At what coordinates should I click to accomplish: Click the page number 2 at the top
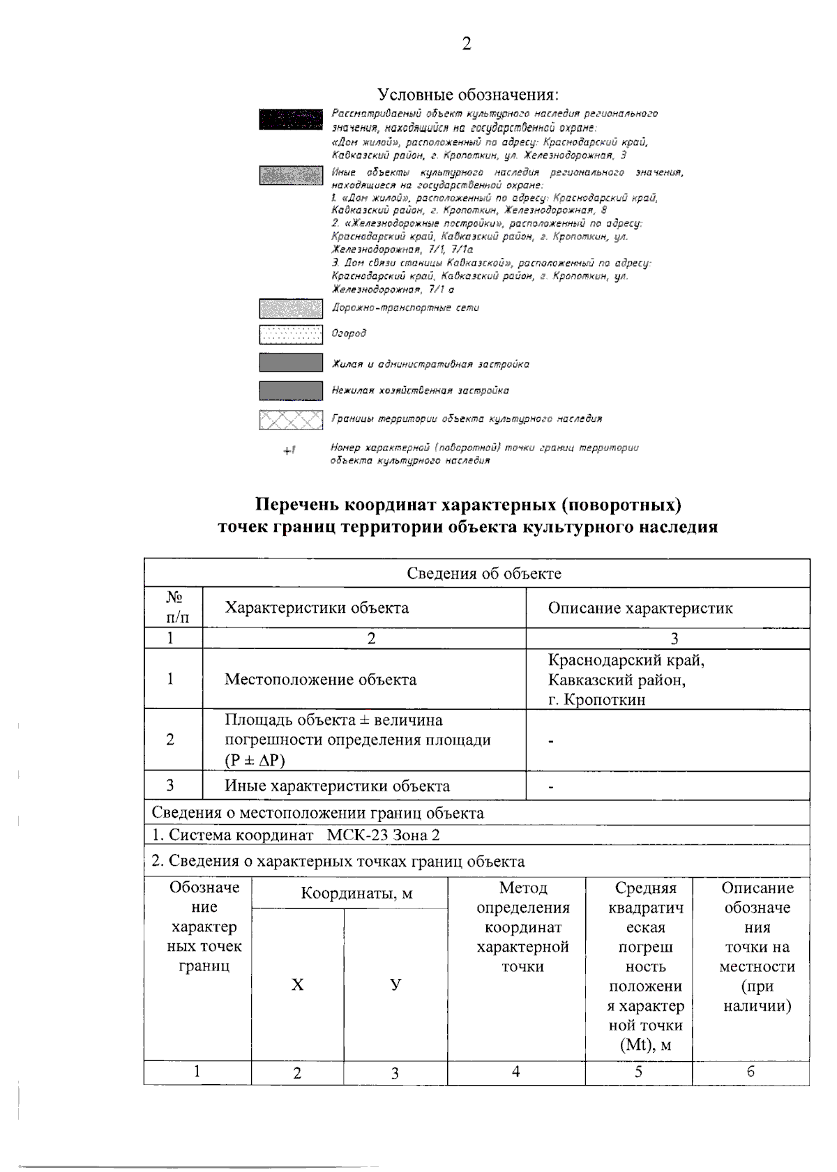(x=467, y=44)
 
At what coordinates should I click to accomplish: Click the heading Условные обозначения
(x=468, y=94)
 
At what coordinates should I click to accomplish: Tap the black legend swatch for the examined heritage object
(x=291, y=119)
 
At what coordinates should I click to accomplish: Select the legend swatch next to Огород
(x=291, y=335)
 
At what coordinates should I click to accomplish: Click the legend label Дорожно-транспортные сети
(x=405, y=307)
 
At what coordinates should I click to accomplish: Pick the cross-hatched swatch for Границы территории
(x=291, y=420)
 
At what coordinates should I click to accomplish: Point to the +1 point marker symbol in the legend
(x=289, y=451)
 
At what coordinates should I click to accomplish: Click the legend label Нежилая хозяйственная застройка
(x=420, y=390)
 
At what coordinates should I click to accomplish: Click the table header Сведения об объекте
(x=483, y=573)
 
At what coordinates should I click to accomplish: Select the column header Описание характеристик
(x=640, y=608)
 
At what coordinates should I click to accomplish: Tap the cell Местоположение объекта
(x=320, y=680)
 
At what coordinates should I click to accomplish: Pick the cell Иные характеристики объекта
(x=337, y=786)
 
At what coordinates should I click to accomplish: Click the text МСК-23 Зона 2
(x=384, y=835)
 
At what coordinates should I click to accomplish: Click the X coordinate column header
(x=298, y=984)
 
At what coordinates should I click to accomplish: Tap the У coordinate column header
(x=395, y=984)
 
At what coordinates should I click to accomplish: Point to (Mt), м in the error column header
(x=645, y=1045)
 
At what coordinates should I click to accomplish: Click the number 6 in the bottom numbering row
(x=751, y=1072)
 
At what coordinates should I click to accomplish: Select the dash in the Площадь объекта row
(x=551, y=741)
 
